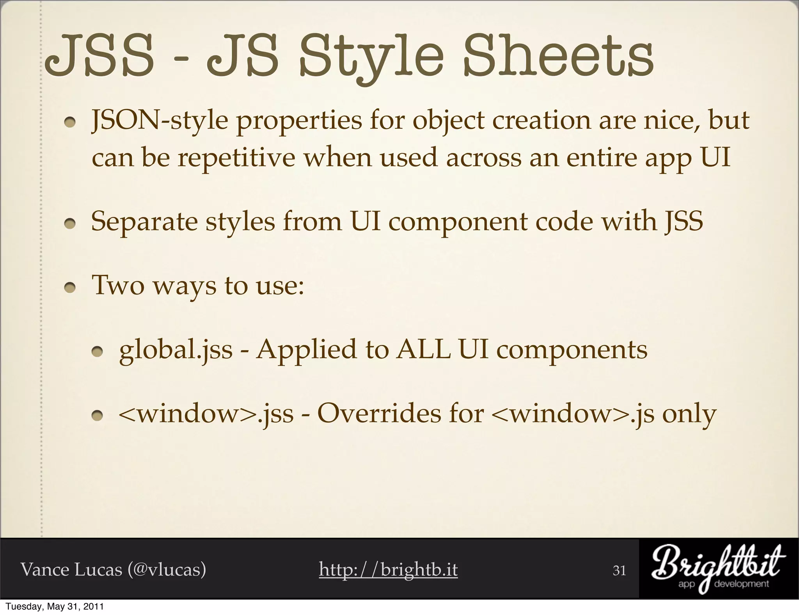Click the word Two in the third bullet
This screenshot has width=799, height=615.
[x=117, y=285]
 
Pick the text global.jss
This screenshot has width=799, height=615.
[x=176, y=350]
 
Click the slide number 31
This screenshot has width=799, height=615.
[x=620, y=571]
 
